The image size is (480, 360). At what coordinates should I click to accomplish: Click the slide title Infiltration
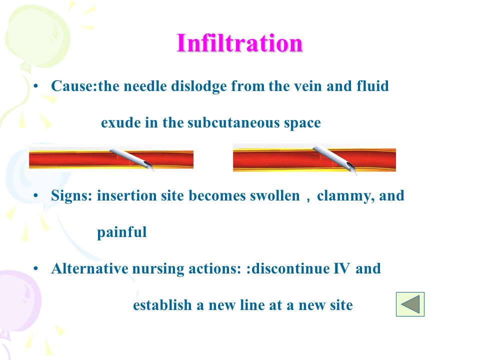(239, 43)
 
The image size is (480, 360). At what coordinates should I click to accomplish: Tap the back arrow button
(410, 304)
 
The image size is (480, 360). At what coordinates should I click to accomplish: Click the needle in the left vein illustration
(131, 158)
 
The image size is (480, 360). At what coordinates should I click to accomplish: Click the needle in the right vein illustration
(334, 159)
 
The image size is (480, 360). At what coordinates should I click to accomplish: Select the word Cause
(73, 86)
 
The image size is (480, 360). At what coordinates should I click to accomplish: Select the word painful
(122, 232)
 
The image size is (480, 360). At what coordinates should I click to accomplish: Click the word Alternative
(89, 268)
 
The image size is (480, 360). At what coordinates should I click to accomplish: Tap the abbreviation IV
(341, 268)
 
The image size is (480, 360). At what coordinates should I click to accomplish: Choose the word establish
(162, 305)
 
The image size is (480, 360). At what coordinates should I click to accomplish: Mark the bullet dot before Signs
(36, 195)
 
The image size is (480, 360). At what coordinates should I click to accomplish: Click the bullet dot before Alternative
(36, 269)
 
